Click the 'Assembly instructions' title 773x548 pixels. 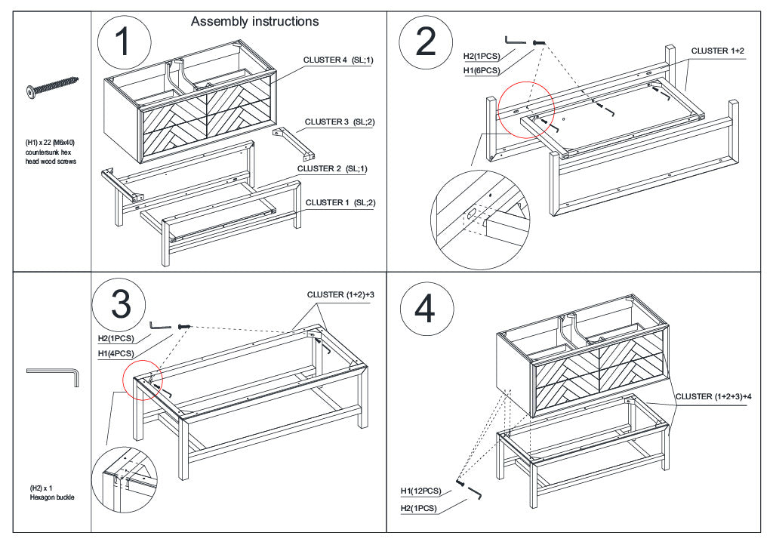click(x=254, y=22)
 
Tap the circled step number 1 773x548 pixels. click(x=125, y=42)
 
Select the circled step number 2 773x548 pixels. click(x=426, y=42)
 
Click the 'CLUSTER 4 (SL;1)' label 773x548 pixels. click(x=338, y=60)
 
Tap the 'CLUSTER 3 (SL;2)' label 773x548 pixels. click(x=340, y=122)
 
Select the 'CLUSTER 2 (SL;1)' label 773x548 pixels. click(x=332, y=168)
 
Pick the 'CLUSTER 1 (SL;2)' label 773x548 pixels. click(x=340, y=202)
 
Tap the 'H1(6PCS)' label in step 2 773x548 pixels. click(x=482, y=71)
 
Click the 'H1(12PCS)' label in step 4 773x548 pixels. click(x=420, y=491)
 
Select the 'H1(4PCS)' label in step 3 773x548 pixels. click(x=115, y=353)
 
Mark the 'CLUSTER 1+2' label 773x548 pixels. click(x=718, y=51)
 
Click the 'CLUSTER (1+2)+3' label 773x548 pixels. click(x=340, y=294)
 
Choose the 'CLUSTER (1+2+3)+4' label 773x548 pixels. click(x=713, y=396)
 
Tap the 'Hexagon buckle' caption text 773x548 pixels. click(x=52, y=497)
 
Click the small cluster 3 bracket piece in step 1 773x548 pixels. click(x=294, y=144)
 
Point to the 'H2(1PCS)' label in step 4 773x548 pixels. click(x=418, y=508)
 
